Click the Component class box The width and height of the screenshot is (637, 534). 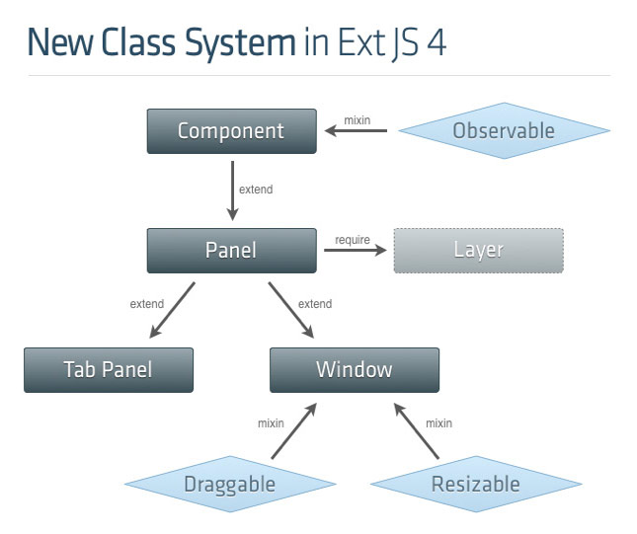[x=231, y=131]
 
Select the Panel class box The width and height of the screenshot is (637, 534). [x=231, y=251]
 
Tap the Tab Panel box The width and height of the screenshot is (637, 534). [x=109, y=370]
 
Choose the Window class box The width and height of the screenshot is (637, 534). [x=354, y=370]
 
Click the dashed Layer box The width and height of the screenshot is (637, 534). [x=478, y=251]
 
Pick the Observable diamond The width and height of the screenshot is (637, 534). [x=504, y=131]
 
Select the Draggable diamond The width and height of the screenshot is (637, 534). [x=229, y=484]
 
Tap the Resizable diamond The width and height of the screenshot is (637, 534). [x=475, y=484]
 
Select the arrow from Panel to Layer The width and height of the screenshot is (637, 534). [x=356, y=251]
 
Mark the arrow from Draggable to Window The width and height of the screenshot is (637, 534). [x=294, y=431]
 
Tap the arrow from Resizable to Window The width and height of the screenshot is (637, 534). [x=416, y=431]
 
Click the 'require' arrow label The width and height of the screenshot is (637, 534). [x=353, y=240]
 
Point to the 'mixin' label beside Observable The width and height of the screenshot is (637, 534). [x=357, y=120]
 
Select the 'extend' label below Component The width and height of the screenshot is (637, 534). [x=256, y=190]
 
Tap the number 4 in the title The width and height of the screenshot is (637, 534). [x=436, y=44]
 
